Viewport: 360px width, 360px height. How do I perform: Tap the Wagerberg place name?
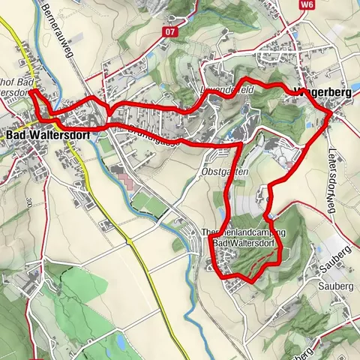coord(310,93)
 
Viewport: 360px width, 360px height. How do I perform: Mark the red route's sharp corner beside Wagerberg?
coord(330,112)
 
